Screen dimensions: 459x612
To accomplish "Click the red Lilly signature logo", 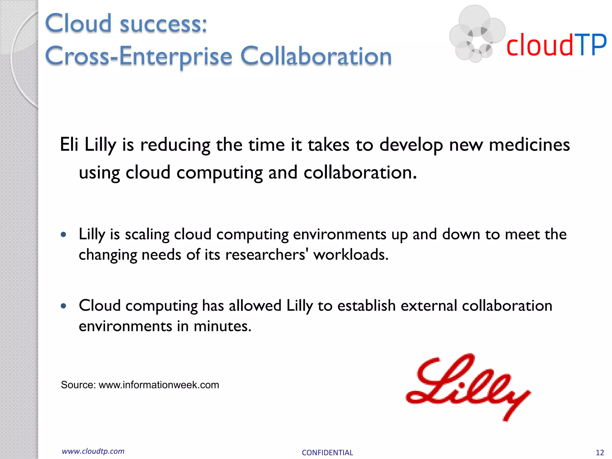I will [468, 387].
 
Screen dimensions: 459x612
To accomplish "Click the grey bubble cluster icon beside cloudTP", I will [477, 34].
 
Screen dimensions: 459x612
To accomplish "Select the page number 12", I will [600, 452].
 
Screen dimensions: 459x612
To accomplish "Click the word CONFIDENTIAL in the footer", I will [327, 452].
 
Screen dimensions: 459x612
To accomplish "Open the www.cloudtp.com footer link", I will [93, 451].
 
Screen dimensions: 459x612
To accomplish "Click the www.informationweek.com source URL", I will [159, 385].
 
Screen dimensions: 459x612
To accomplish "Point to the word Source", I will [78, 385].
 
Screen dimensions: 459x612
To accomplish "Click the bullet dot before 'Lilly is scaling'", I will [63, 235].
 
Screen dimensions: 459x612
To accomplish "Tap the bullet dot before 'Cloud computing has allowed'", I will [63, 306].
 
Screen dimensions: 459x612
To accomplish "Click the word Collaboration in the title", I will [316, 56].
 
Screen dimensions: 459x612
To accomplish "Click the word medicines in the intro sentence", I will [529, 145].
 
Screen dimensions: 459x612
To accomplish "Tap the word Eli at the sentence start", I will [69, 145].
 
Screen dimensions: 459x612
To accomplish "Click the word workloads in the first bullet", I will [350, 255].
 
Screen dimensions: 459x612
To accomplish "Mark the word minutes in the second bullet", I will [222, 326].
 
